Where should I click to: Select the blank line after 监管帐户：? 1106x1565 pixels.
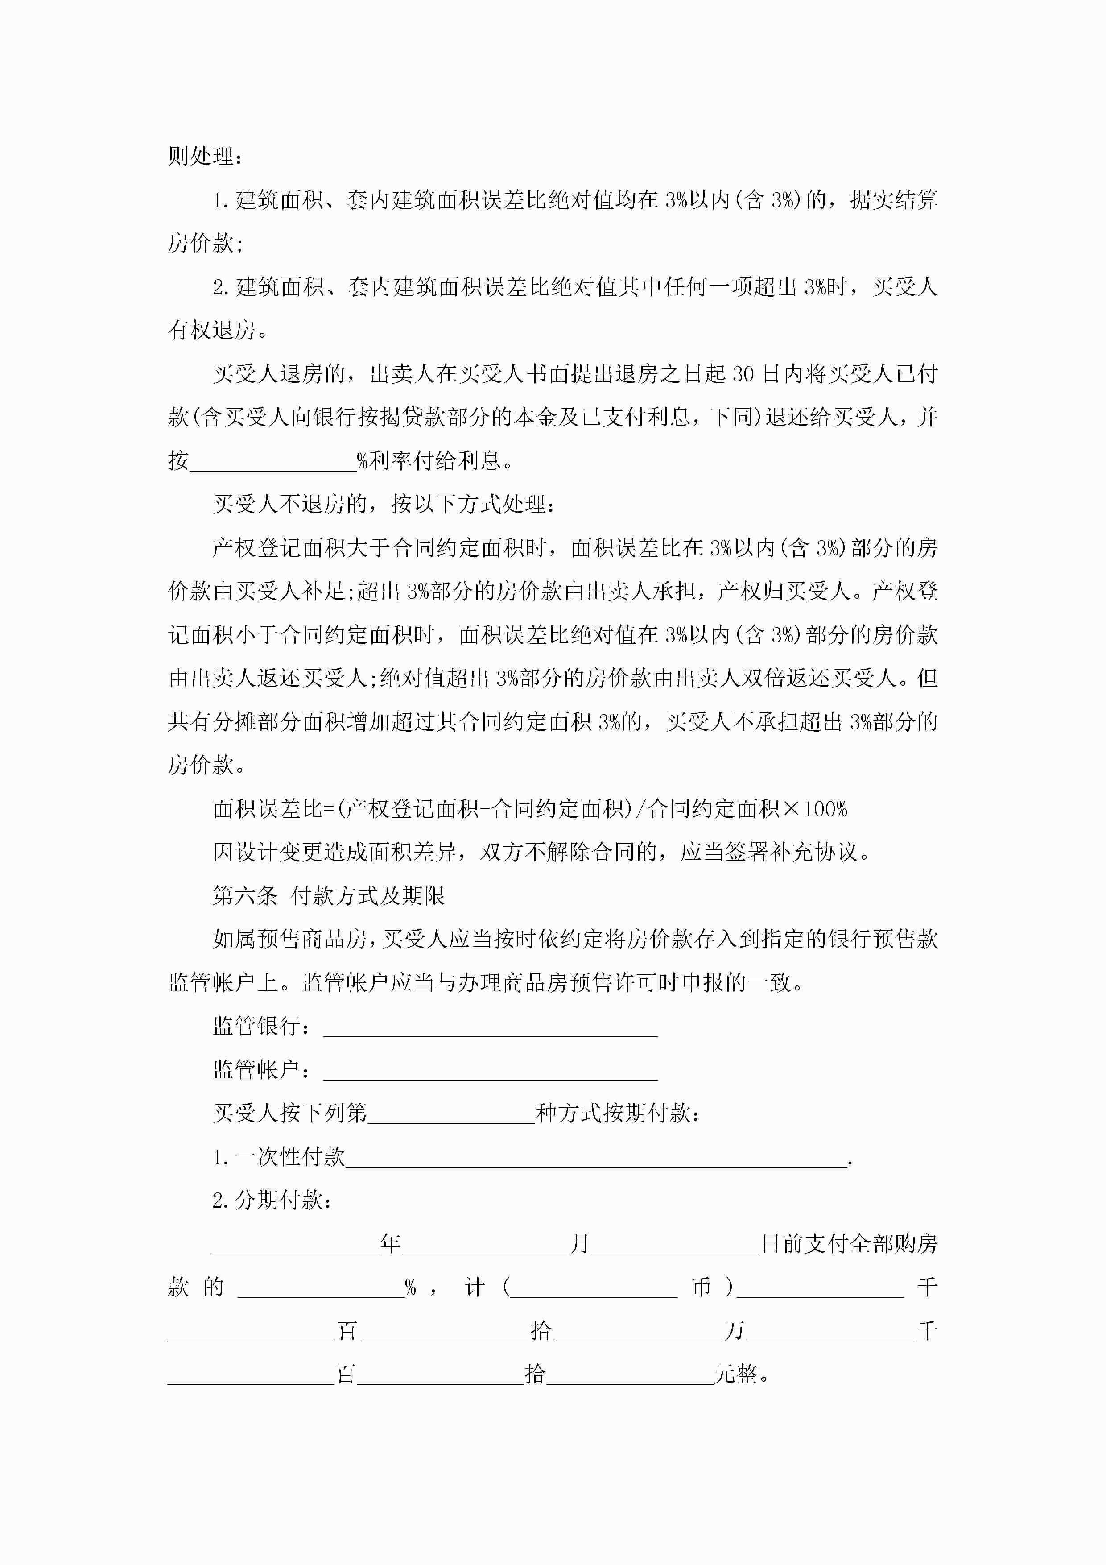click(490, 1070)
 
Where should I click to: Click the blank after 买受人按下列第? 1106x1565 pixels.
click(451, 1114)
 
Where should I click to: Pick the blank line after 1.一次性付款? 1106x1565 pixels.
click(596, 1157)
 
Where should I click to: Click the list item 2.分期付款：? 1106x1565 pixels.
click(272, 1201)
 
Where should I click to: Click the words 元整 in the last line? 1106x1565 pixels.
click(736, 1374)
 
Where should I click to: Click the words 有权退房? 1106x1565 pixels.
click(212, 331)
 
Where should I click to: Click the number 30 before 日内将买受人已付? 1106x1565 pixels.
click(744, 374)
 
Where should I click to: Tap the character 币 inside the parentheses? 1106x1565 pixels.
click(701, 1287)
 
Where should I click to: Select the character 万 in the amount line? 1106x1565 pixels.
click(734, 1330)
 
